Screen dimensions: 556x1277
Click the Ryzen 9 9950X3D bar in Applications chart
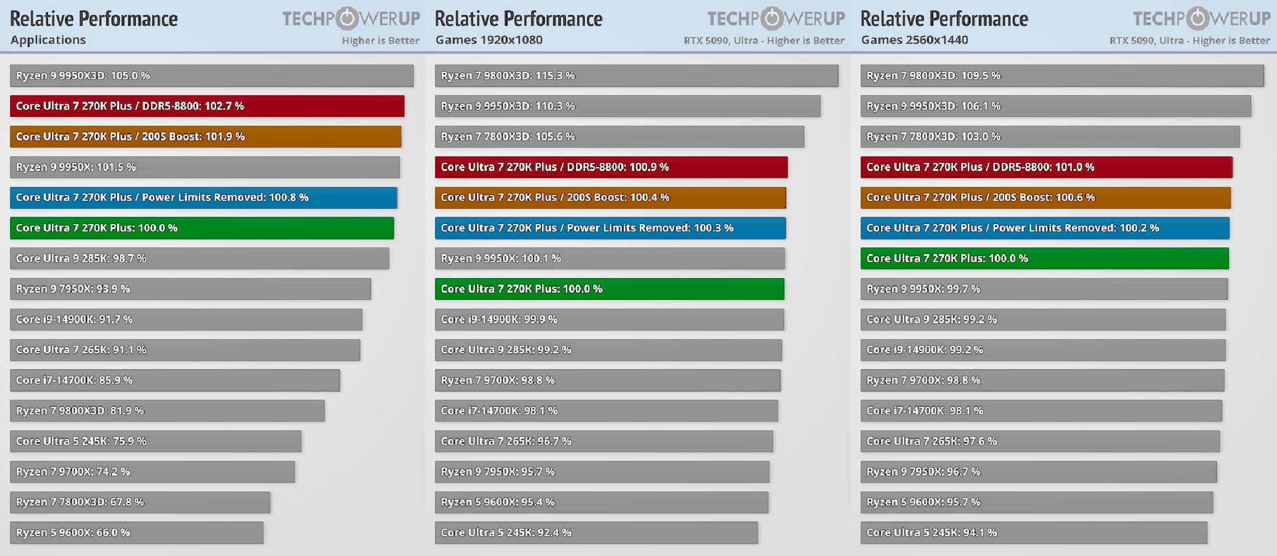212,76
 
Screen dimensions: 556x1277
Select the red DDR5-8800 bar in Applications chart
207,106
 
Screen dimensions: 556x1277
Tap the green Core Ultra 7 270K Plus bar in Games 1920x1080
609,289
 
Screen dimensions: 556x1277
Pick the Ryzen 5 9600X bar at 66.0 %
136,533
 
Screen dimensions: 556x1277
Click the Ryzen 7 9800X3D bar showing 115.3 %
637,76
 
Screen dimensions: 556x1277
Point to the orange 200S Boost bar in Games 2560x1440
1045,198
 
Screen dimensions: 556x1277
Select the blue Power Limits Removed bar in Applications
204,198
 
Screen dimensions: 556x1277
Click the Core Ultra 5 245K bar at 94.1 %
1034,533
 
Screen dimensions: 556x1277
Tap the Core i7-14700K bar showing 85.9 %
175,380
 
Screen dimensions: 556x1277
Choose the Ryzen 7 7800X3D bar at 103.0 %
1050,137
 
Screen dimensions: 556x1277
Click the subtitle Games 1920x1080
489,40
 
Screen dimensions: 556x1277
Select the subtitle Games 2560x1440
915,40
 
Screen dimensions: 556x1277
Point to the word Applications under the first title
48,40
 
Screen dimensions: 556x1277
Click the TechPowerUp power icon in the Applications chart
347,19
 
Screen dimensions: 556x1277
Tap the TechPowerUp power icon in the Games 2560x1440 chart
1198,19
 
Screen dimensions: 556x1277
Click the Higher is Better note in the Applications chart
380,41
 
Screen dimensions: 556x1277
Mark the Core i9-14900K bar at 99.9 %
609,320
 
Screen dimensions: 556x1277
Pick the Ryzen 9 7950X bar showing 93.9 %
190,289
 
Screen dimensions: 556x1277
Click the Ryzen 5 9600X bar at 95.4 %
601,502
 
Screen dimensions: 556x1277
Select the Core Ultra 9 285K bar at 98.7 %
200,259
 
